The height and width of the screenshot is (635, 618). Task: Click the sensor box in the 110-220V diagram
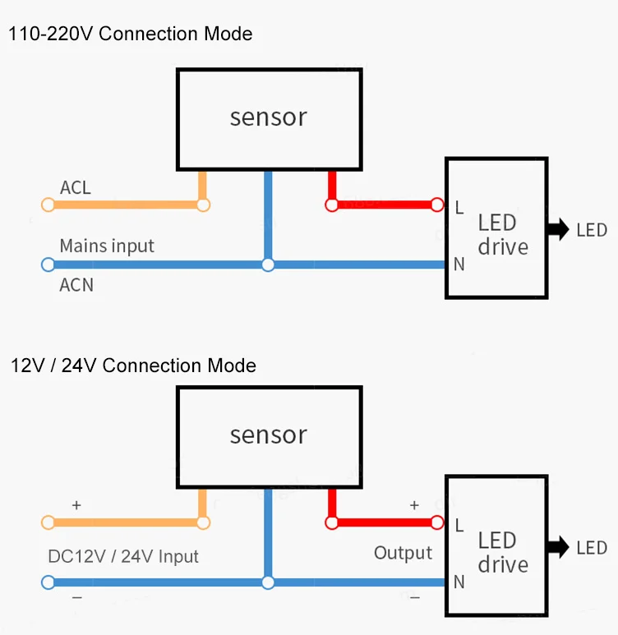269,117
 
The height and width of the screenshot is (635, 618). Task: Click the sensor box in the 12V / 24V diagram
269,435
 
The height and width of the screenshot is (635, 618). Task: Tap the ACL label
76,188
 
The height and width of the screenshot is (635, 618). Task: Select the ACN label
76,285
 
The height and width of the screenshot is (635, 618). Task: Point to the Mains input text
107,246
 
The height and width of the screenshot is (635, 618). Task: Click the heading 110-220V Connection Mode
130,34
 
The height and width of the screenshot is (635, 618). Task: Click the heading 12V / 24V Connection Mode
133,366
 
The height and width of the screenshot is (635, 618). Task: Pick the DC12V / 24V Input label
123,556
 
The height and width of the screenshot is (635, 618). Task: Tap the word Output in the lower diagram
403,553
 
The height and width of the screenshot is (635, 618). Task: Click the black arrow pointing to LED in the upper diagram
558,230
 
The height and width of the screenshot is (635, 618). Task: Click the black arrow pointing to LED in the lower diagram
558,547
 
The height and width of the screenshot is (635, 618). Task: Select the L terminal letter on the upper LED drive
459,207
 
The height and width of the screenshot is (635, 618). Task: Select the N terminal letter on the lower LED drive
459,582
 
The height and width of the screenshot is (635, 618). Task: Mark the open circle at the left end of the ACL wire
48,205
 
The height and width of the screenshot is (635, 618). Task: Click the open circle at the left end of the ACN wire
48,265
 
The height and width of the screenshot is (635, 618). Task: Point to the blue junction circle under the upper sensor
267,265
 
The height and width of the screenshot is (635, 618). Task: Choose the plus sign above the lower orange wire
76,506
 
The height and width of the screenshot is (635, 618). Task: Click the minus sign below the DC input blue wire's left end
76,598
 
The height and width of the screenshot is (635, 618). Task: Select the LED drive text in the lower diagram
497,552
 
